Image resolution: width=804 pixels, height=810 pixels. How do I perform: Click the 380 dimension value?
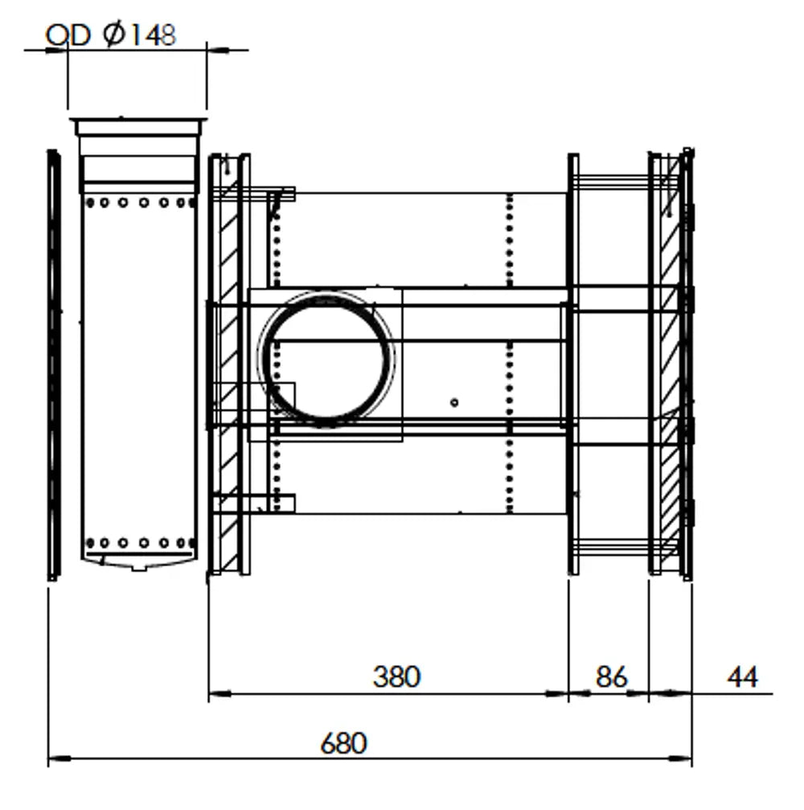[396, 676]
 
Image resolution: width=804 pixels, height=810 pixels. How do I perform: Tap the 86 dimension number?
[611, 676]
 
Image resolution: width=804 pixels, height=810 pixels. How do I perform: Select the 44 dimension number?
[743, 676]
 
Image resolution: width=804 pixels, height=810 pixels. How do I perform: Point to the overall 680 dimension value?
[343, 743]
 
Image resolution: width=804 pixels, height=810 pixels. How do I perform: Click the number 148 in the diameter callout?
[151, 35]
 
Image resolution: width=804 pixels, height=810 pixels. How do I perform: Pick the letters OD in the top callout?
[68, 35]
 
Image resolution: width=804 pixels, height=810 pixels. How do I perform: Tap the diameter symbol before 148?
[113, 35]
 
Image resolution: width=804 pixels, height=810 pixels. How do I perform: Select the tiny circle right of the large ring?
[454, 402]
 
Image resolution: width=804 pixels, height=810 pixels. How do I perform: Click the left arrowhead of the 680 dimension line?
[59, 759]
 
